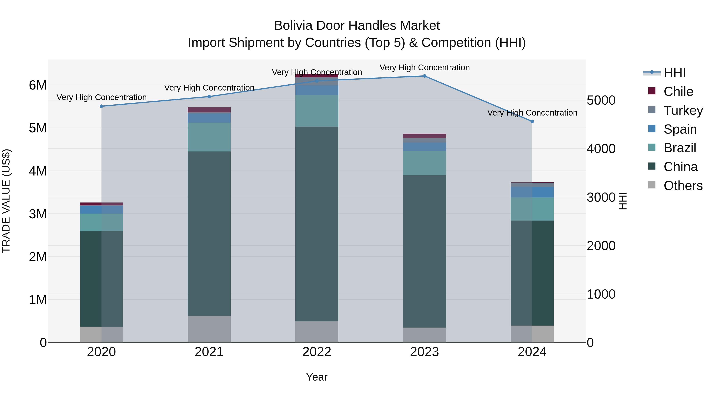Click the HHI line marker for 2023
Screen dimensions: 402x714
(x=424, y=76)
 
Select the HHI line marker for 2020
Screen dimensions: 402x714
(x=101, y=106)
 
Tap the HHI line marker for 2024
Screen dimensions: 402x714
(x=532, y=121)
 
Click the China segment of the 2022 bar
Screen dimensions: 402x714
(x=317, y=224)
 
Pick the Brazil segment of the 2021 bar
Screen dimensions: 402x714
(x=209, y=137)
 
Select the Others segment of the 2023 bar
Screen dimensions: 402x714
(x=424, y=335)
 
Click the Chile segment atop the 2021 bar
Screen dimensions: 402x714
(x=209, y=110)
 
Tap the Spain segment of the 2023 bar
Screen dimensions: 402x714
(x=424, y=147)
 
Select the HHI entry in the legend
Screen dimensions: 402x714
(x=674, y=73)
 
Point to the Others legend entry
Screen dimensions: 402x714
(x=683, y=186)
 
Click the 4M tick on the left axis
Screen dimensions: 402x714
(x=38, y=171)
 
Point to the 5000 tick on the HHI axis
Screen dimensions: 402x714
(x=601, y=100)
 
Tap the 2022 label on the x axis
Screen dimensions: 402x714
(x=317, y=352)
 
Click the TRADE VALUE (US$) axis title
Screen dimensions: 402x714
(x=6, y=201)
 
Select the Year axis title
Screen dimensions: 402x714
(x=317, y=377)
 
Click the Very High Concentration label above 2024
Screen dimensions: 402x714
(x=532, y=113)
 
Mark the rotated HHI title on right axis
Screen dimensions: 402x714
(x=623, y=201)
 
